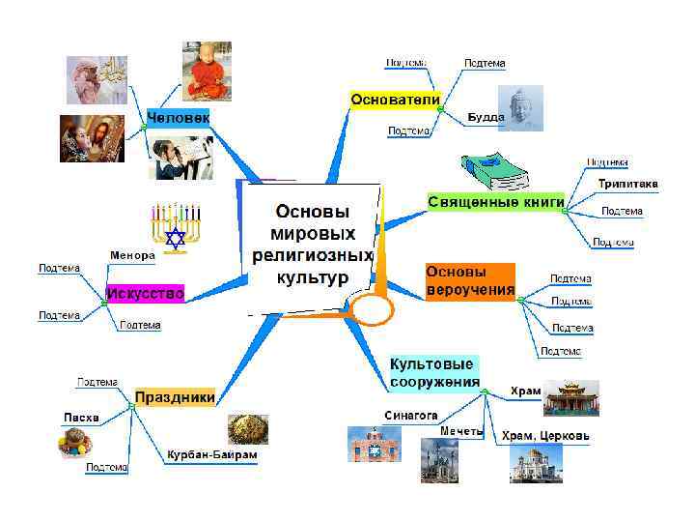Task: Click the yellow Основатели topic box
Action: point(396,100)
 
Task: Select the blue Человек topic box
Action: point(178,117)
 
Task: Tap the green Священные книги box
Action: point(496,201)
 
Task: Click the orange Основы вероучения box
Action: point(470,281)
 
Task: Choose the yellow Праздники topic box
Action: point(174,397)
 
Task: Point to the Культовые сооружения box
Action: point(433,372)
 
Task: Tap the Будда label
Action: point(485,118)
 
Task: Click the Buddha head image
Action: point(521,107)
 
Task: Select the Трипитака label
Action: point(627,184)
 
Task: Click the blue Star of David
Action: point(175,238)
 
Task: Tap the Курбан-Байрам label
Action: point(212,454)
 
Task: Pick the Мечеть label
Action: point(460,430)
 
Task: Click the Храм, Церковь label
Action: point(545,436)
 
